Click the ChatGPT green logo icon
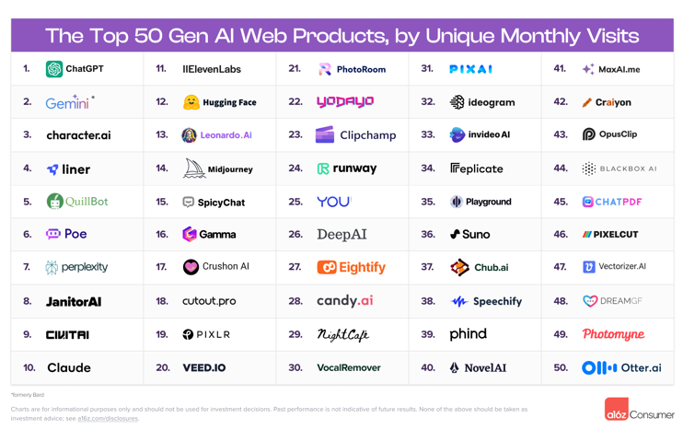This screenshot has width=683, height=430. (x=54, y=69)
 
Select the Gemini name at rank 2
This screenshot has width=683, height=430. (x=67, y=102)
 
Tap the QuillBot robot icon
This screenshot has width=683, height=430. (x=54, y=202)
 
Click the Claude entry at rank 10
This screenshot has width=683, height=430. (x=69, y=367)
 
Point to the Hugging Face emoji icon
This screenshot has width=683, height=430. (x=191, y=102)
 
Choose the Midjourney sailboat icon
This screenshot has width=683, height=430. (x=194, y=169)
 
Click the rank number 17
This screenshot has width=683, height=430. (x=161, y=267)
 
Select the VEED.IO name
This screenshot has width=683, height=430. (x=204, y=367)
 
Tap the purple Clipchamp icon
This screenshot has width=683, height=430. (x=325, y=135)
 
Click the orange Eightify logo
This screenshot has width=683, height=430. (x=327, y=267)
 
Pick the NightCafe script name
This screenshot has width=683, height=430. (x=342, y=334)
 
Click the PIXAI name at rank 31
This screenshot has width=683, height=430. (x=470, y=69)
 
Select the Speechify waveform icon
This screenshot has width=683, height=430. (x=458, y=301)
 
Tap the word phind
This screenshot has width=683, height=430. (x=468, y=334)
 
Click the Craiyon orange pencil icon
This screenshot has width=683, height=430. (x=587, y=102)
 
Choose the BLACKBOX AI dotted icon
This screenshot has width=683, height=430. (x=589, y=169)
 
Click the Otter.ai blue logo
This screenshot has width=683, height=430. (x=599, y=367)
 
